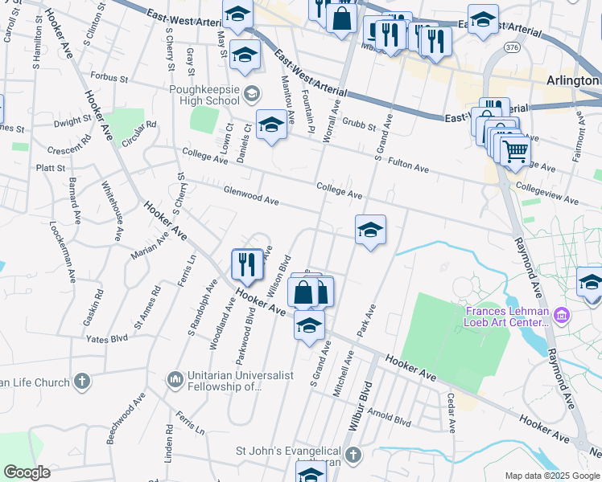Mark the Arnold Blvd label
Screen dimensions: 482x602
(x=390, y=419)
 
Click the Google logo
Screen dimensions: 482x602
(x=27, y=472)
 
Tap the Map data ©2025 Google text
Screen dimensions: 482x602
(x=551, y=476)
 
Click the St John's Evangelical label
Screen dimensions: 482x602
(x=291, y=451)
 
